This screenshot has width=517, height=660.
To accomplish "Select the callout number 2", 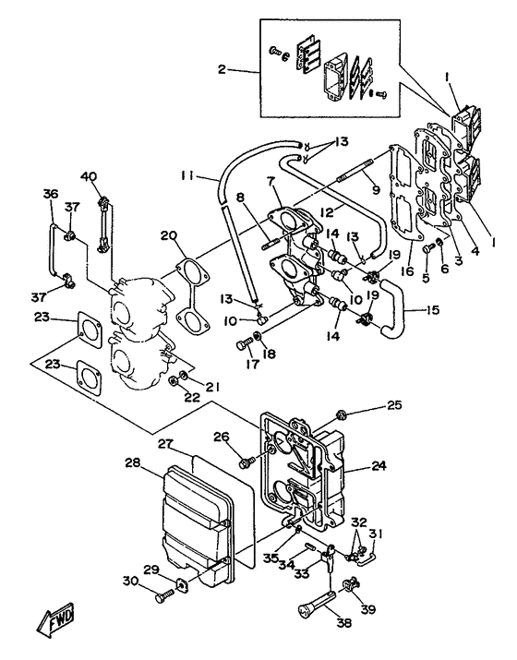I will click(222, 68).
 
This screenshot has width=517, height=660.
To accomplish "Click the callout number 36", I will click(51, 194).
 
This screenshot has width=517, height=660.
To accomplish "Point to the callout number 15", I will click(431, 310).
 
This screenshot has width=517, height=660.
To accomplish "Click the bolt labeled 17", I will click(244, 345).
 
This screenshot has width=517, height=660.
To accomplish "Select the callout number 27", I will click(166, 443).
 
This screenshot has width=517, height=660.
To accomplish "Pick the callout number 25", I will click(393, 405).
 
